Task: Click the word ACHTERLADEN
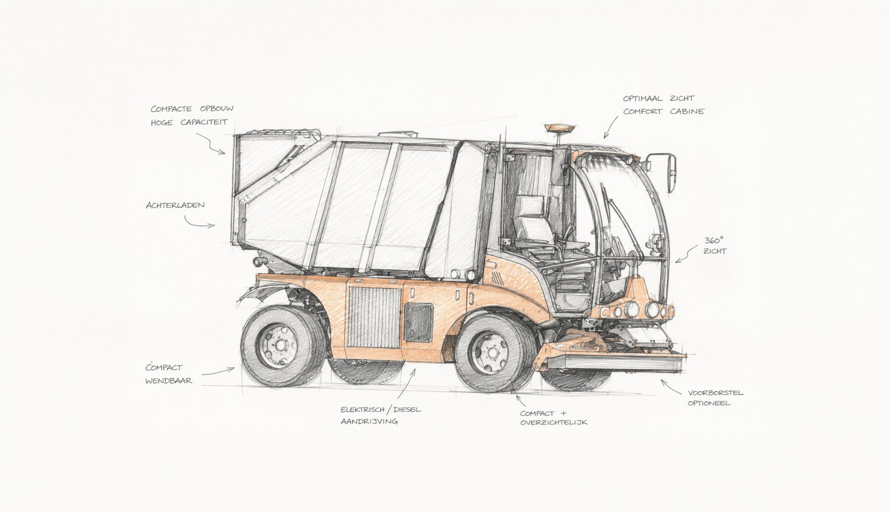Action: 175,205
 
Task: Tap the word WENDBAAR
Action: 168,381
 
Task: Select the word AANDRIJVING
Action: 369,421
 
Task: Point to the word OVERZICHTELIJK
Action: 554,422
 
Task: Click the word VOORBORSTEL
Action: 716,393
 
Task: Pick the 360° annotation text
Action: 714,240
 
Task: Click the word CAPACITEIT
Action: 204,122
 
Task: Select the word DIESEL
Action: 407,410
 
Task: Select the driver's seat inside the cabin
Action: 533,222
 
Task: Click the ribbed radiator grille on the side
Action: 374,317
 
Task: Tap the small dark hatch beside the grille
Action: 418,322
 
